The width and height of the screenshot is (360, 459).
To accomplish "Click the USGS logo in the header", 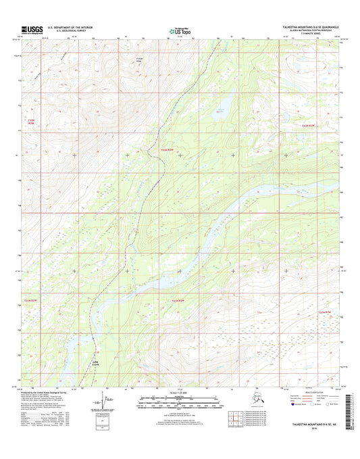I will [33, 29].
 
